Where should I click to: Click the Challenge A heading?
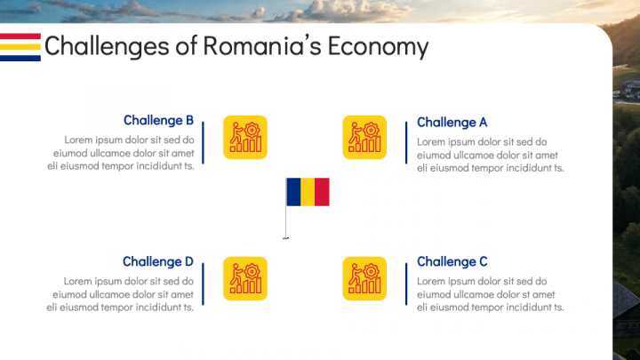click(x=452, y=123)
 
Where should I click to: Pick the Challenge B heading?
click(x=158, y=121)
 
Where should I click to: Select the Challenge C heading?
click(x=452, y=262)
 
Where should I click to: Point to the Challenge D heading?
click(x=157, y=261)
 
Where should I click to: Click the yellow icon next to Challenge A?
click(x=364, y=138)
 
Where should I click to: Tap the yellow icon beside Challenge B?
click(x=245, y=138)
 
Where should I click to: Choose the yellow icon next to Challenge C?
click(x=364, y=278)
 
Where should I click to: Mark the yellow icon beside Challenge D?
click(x=245, y=278)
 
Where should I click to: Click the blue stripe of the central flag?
click(x=292, y=192)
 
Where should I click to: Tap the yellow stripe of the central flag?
click(x=308, y=192)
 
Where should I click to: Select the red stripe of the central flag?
click(x=322, y=192)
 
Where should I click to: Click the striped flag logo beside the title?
click(x=20, y=46)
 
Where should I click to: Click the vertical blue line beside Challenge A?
click(x=406, y=142)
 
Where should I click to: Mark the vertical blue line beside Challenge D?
click(x=204, y=284)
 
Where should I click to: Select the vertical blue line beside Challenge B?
click(x=204, y=142)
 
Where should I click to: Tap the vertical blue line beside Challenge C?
click(x=406, y=284)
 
